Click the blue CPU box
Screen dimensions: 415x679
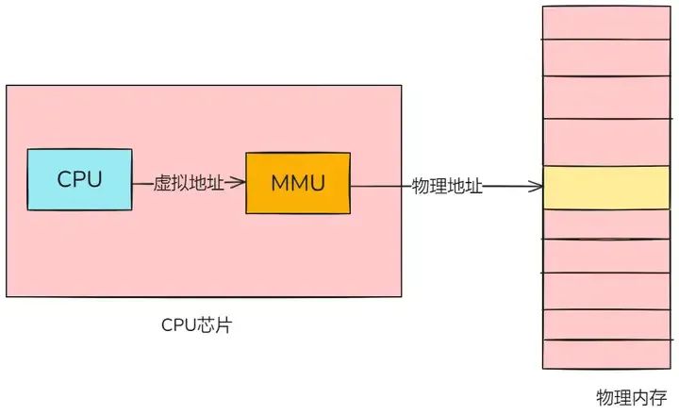coord(79,178)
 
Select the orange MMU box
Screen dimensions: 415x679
coord(297,182)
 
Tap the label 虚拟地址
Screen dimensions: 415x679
coord(189,183)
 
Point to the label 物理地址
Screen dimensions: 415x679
coord(448,187)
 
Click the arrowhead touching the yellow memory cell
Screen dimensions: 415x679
coord(538,187)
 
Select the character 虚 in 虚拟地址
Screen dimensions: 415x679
coord(162,183)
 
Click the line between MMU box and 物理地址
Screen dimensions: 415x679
coord(382,187)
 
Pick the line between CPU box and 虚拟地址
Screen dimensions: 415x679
coord(141,183)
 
